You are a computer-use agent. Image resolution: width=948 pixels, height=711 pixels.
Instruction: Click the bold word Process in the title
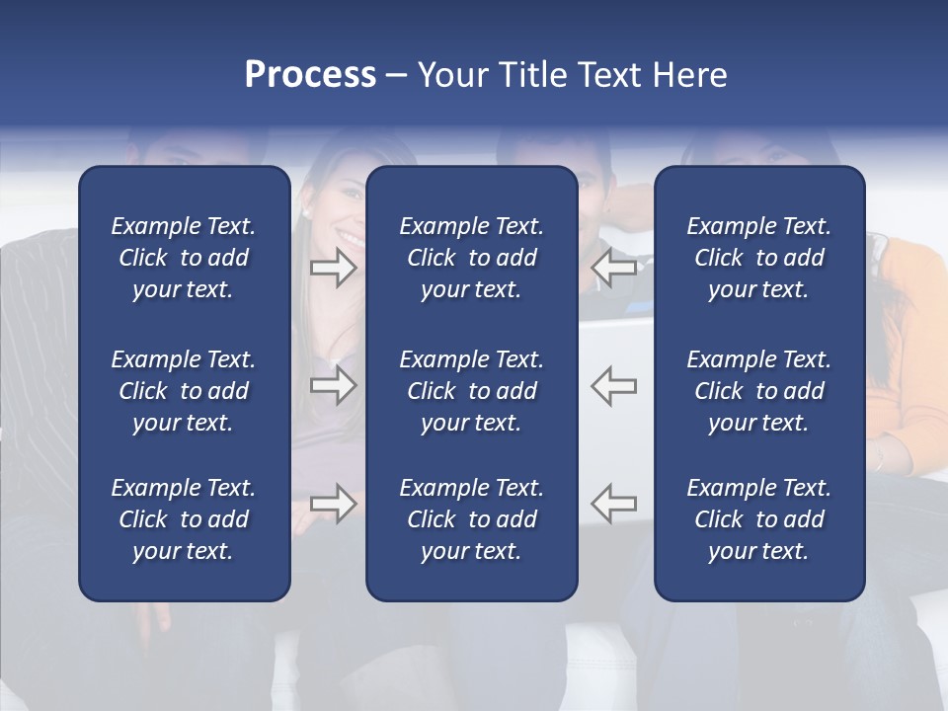pyautogui.click(x=310, y=75)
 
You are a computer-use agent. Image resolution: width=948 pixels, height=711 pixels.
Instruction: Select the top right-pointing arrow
pyautogui.click(x=333, y=267)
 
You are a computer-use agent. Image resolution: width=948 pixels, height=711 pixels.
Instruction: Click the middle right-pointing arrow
pyautogui.click(x=333, y=385)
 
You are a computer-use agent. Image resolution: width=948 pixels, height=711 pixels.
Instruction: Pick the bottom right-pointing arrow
pyautogui.click(x=333, y=504)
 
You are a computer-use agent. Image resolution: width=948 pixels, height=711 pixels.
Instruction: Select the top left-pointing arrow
pyautogui.click(x=614, y=267)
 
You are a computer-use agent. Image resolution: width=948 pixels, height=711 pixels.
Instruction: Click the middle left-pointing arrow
pyautogui.click(x=614, y=385)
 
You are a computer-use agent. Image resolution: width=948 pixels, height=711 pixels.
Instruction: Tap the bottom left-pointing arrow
pyautogui.click(x=614, y=504)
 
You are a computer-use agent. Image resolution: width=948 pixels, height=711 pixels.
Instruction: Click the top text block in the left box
pyautogui.click(x=184, y=258)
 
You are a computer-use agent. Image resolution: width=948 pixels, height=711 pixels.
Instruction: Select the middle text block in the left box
pyautogui.click(x=184, y=391)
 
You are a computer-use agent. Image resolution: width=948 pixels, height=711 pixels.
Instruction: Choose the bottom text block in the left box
pyautogui.click(x=184, y=519)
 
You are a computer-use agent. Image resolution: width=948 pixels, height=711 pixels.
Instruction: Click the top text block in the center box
pyautogui.click(x=471, y=258)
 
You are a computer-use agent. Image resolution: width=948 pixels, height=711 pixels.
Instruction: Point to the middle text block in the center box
pyautogui.click(x=471, y=391)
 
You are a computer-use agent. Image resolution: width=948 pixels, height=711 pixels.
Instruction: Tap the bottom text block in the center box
pyautogui.click(x=471, y=519)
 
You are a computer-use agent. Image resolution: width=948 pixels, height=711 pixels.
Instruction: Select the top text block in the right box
pyautogui.click(x=758, y=258)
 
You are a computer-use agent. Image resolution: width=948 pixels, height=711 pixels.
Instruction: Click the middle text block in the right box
pyautogui.click(x=758, y=391)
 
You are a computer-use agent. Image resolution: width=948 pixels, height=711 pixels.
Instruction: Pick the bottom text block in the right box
pyautogui.click(x=758, y=519)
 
